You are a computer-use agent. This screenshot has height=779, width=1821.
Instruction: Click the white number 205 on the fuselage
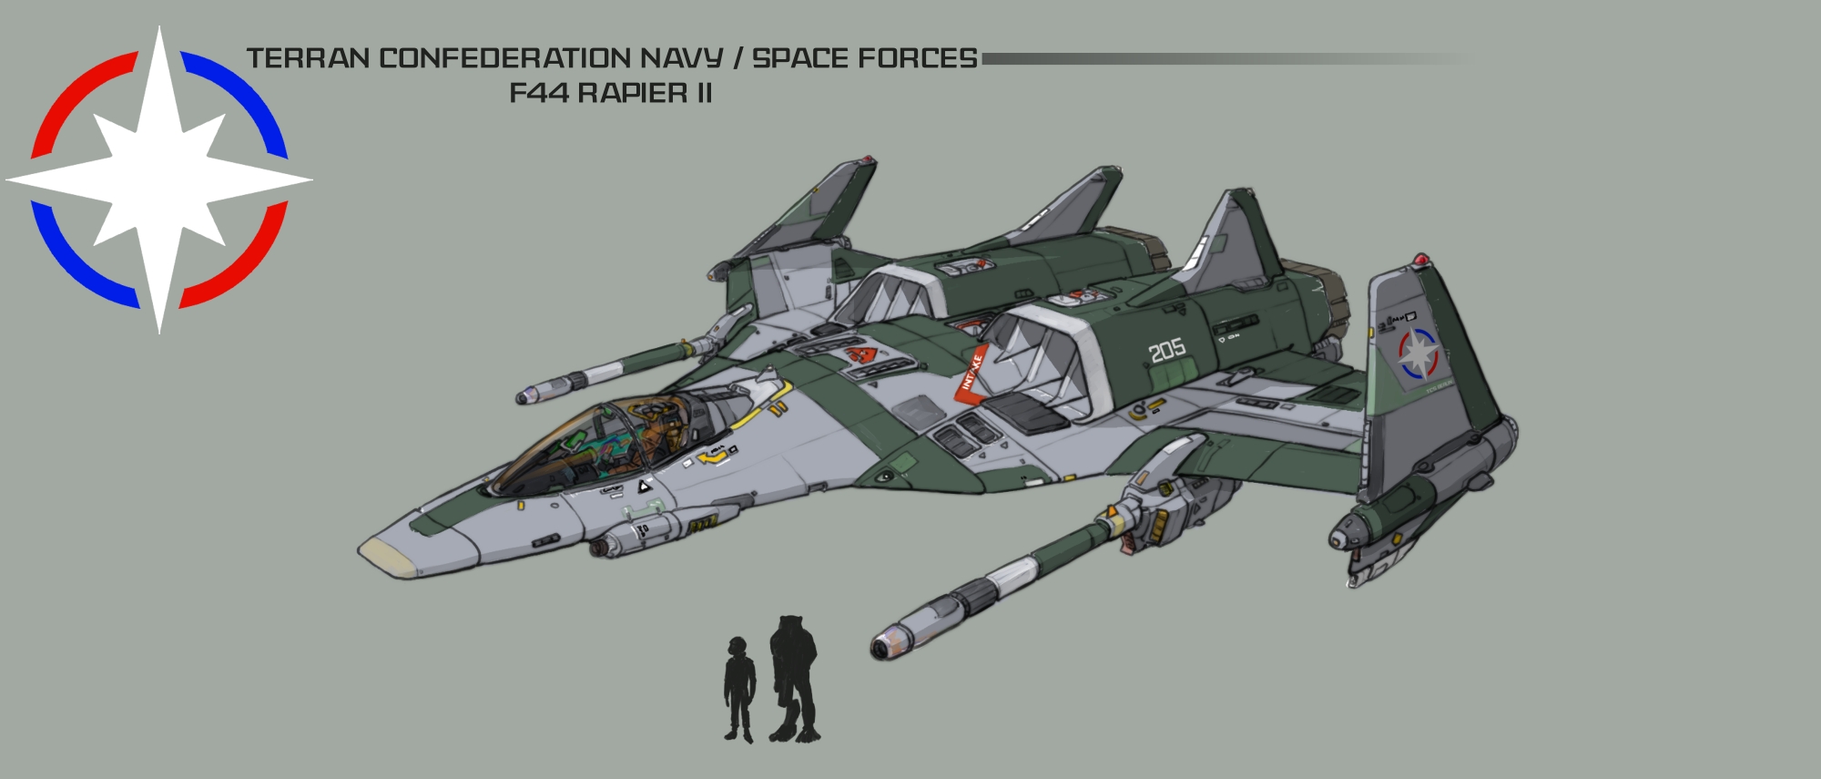[x=1166, y=349]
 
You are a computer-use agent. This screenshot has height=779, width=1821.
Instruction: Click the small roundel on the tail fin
[x=1418, y=354]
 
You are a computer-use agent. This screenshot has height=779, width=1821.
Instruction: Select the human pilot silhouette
[x=738, y=689]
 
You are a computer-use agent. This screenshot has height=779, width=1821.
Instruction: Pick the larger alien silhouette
[x=793, y=678]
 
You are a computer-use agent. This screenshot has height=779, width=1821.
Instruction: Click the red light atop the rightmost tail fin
[x=1420, y=261]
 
